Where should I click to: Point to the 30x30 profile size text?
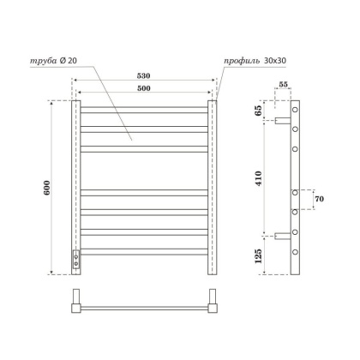(x=275, y=61)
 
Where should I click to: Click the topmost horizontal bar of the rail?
(x=143, y=109)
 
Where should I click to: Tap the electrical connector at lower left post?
(x=76, y=260)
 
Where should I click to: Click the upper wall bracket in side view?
(x=280, y=121)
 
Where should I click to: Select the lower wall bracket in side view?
(x=280, y=235)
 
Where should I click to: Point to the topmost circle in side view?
(x=296, y=111)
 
